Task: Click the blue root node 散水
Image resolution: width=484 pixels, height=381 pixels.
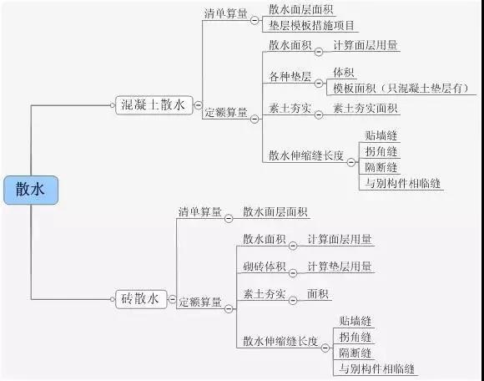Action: coord(31,190)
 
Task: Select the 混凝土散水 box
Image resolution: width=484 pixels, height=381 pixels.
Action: coord(154,105)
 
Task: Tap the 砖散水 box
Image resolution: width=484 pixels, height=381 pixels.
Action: coord(141,299)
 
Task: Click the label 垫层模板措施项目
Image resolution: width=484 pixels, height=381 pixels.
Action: coord(311,25)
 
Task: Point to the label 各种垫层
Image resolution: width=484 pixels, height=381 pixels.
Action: coord(290,77)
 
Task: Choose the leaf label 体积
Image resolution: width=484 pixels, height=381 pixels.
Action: coord(343,73)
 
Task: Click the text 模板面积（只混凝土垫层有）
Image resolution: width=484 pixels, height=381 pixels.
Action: coord(401,89)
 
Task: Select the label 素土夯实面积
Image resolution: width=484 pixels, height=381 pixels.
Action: coord(365,109)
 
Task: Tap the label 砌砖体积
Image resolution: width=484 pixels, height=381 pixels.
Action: coord(265,267)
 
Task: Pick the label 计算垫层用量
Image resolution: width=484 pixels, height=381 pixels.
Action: coord(340,267)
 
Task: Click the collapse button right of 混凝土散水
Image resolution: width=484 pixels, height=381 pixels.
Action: coord(198,105)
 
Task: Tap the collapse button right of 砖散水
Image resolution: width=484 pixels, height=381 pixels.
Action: coord(172,299)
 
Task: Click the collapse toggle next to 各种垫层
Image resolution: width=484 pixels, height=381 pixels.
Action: coord(319,83)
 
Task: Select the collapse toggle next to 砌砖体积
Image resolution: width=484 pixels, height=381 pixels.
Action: coord(293,273)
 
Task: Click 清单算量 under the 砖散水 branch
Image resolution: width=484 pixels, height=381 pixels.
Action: coord(200,211)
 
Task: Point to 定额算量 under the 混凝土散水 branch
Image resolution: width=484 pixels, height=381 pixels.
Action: coord(226,112)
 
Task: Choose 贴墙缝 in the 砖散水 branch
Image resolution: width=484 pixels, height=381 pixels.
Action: coord(355,321)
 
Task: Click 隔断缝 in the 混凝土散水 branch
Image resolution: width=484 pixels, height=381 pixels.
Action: coord(381,167)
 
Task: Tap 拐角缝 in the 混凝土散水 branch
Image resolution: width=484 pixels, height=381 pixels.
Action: coord(381,151)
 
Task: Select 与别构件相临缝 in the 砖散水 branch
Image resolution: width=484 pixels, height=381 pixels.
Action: coord(376,368)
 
